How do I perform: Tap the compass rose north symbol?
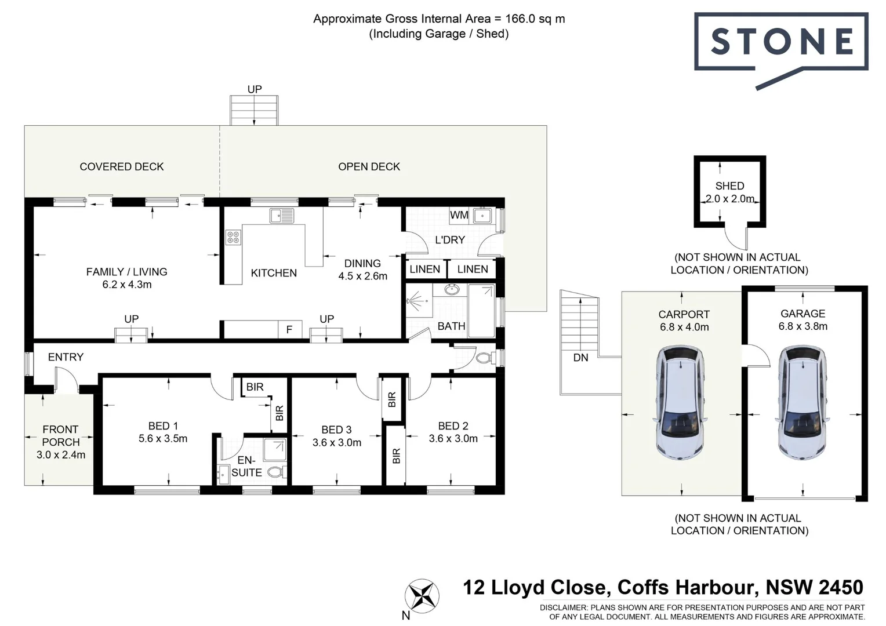click(422, 595)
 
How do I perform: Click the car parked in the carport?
click(680, 402)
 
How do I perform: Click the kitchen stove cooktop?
click(233, 237)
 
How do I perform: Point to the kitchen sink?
click(282, 216)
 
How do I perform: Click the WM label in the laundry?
click(459, 215)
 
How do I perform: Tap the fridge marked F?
click(289, 330)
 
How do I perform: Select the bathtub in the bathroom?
click(481, 310)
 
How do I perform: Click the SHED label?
click(729, 186)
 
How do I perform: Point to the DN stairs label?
click(580, 358)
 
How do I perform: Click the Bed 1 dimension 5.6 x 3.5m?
click(163, 439)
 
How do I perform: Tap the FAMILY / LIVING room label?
click(126, 272)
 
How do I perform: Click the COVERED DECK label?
click(122, 167)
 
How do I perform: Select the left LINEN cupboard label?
click(424, 269)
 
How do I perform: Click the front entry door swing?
click(66, 382)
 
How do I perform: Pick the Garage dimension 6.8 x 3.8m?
click(803, 326)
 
